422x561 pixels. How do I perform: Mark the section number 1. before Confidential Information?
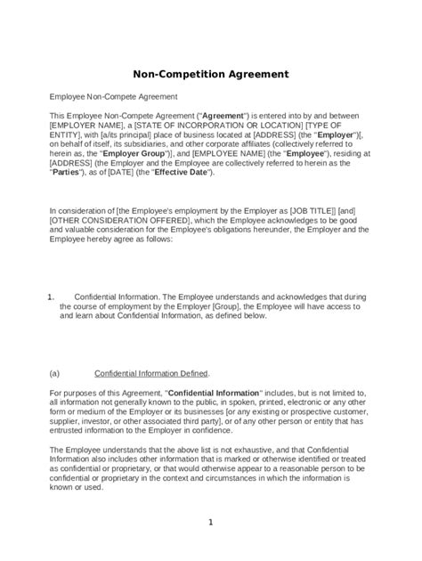(x=51, y=296)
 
